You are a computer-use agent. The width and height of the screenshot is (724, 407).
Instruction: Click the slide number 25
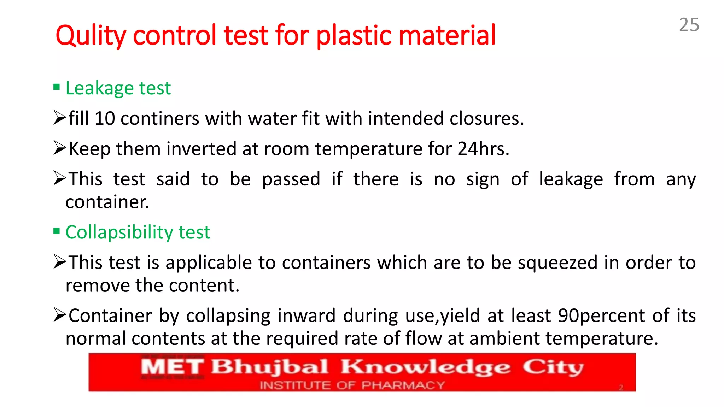pos(689,25)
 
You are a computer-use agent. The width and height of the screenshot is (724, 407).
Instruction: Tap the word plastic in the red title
pos(354,36)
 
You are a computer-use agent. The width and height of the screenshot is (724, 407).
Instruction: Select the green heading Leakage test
pos(118,88)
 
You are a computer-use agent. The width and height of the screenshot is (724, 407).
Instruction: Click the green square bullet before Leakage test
pos(57,87)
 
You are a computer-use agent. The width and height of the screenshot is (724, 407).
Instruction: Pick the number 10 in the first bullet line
pos(105,118)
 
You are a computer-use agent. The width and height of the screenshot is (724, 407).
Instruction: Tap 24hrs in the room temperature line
pos(483,149)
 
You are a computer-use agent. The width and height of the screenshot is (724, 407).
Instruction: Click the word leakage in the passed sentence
pos(571,179)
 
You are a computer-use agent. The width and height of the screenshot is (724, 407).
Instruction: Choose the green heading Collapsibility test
pos(138,232)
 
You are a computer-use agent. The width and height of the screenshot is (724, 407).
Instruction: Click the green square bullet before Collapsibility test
pos(57,231)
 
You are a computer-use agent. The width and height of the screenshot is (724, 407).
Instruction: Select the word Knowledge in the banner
pos(426,367)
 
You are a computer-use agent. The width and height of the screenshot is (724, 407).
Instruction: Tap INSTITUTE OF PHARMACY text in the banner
pos(352,385)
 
